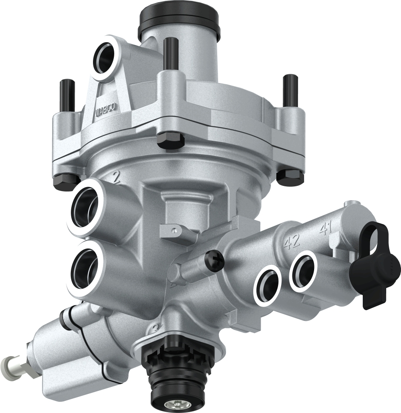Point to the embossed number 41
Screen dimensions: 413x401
(x=326, y=229)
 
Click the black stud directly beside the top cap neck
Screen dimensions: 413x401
(x=171, y=53)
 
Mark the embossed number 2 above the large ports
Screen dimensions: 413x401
(x=116, y=177)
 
